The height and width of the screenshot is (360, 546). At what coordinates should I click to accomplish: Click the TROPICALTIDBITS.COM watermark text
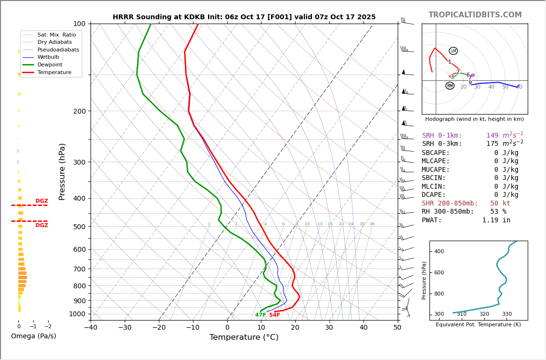475,15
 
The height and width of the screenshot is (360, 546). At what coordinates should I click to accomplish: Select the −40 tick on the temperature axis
91,328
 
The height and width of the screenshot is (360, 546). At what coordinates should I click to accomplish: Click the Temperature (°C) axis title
244,337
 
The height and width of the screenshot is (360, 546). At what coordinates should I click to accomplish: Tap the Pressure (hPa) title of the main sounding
62,171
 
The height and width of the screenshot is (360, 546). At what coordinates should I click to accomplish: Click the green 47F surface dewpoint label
260,315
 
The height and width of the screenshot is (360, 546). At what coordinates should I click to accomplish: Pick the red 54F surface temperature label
274,315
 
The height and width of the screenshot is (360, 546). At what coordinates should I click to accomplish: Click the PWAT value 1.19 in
496,220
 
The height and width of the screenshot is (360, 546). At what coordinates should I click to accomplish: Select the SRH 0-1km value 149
492,136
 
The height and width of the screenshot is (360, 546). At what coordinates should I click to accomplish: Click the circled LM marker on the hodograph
453,51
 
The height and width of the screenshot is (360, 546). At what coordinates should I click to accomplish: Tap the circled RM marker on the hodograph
450,86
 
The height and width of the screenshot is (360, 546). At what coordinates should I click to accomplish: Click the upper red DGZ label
41,201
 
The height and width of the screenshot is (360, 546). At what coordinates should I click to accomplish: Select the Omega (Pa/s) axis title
33,336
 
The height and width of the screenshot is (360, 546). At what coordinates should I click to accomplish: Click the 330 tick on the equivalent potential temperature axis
507,314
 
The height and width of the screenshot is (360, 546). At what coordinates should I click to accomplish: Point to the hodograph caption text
474,119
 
